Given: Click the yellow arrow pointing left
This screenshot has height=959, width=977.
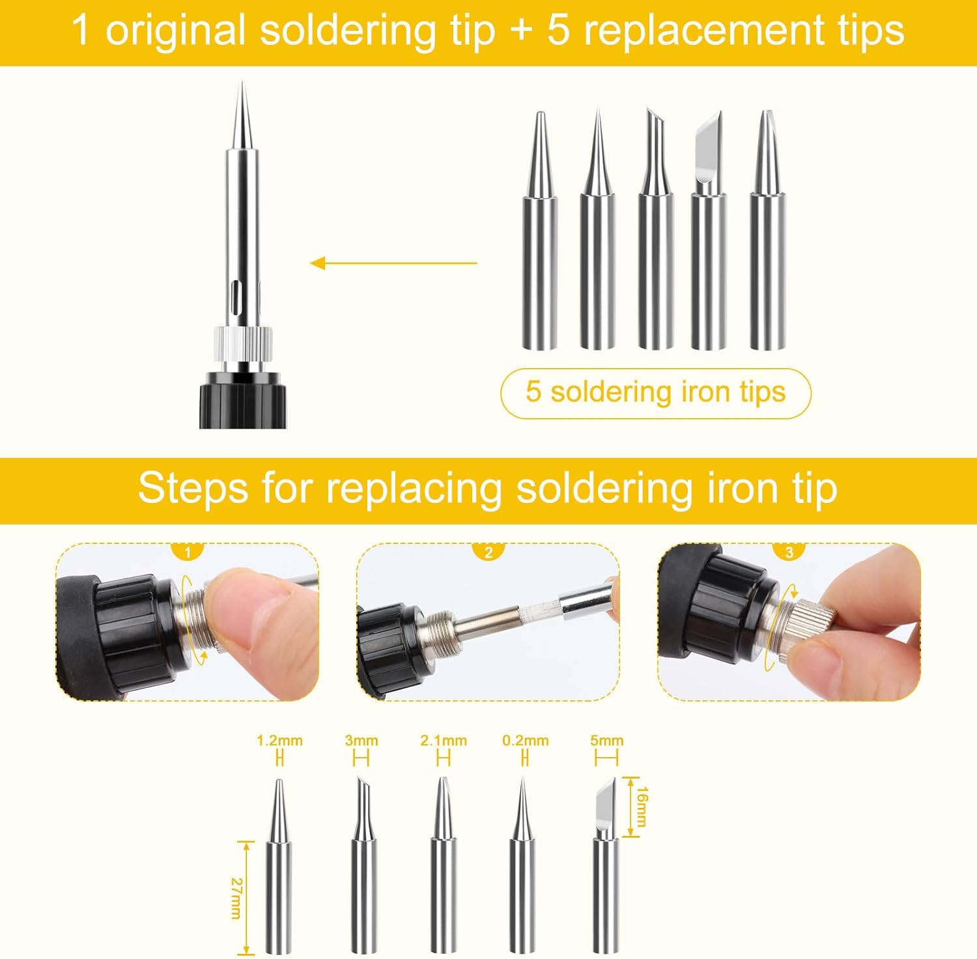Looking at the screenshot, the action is tap(393, 263).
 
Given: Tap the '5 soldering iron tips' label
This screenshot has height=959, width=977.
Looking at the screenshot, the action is tap(656, 392).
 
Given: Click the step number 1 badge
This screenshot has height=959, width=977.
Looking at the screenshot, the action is tap(188, 552).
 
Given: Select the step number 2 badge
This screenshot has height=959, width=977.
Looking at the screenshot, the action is tap(488, 552).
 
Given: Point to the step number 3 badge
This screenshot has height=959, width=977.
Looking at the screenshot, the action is tap(789, 552).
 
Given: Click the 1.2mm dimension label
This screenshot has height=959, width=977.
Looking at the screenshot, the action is tap(279, 741).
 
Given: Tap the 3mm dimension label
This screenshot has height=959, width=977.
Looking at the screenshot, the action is tap(361, 741).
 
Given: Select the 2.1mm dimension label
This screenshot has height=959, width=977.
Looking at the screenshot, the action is tap(444, 741).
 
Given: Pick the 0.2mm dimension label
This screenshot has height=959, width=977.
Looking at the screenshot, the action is tap(526, 741).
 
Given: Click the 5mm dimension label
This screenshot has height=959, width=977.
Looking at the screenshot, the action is tap(607, 741).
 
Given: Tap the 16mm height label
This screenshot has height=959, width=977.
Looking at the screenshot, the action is tap(642, 807).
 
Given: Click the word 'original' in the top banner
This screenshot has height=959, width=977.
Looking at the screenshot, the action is tap(176, 31).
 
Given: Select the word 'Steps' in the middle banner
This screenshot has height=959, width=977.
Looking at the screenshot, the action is tap(193, 488).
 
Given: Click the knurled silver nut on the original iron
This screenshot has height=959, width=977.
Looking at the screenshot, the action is tap(242, 342).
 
